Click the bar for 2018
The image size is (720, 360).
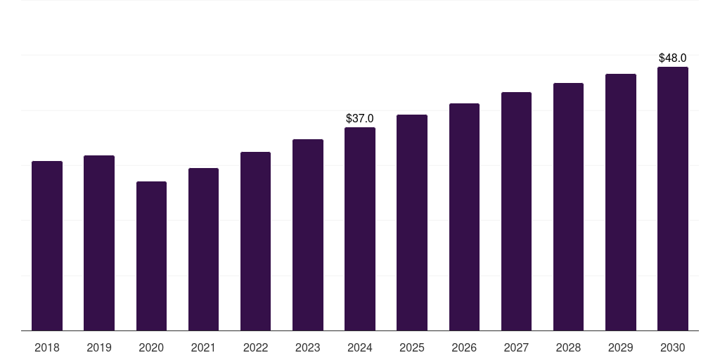pyautogui.click(x=47, y=246)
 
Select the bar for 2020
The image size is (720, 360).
pyautogui.click(x=151, y=256)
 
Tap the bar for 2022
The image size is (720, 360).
pyautogui.click(x=255, y=241)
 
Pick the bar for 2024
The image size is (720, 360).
pyautogui.click(x=360, y=229)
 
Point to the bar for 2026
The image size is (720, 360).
pyautogui.click(x=464, y=217)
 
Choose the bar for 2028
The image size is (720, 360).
pyautogui.click(x=568, y=207)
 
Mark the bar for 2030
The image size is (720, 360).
pyautogui.click(x=673, y=199)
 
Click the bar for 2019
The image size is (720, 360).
pyautogui.click(x=99, y=243)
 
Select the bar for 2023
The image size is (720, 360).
pyautogui.click(x=308, y=235)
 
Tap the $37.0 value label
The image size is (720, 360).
pyautogui.click(x=360, y=119)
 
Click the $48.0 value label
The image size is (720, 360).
pyautogui.click(x=673, y=58)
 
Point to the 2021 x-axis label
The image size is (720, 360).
pyautogui.click(x=203, y=348)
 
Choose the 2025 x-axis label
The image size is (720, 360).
pyautogui.click(x=412, y=348)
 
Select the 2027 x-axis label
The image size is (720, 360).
pyautogui.click(x=516, y=348)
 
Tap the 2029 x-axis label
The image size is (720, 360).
pyautogui.click(x=621, y=348)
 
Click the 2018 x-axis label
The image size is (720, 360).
pyautogui.click(x=47, y=348)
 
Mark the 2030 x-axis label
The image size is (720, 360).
pyautogui.click(x=673, y=348)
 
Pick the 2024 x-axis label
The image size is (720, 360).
pyautogui.click(x=360, y=348)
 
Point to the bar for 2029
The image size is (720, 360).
pyautogui.click(x=621, y=202)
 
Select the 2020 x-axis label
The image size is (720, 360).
pyautogui.click(x=151, y=348)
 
